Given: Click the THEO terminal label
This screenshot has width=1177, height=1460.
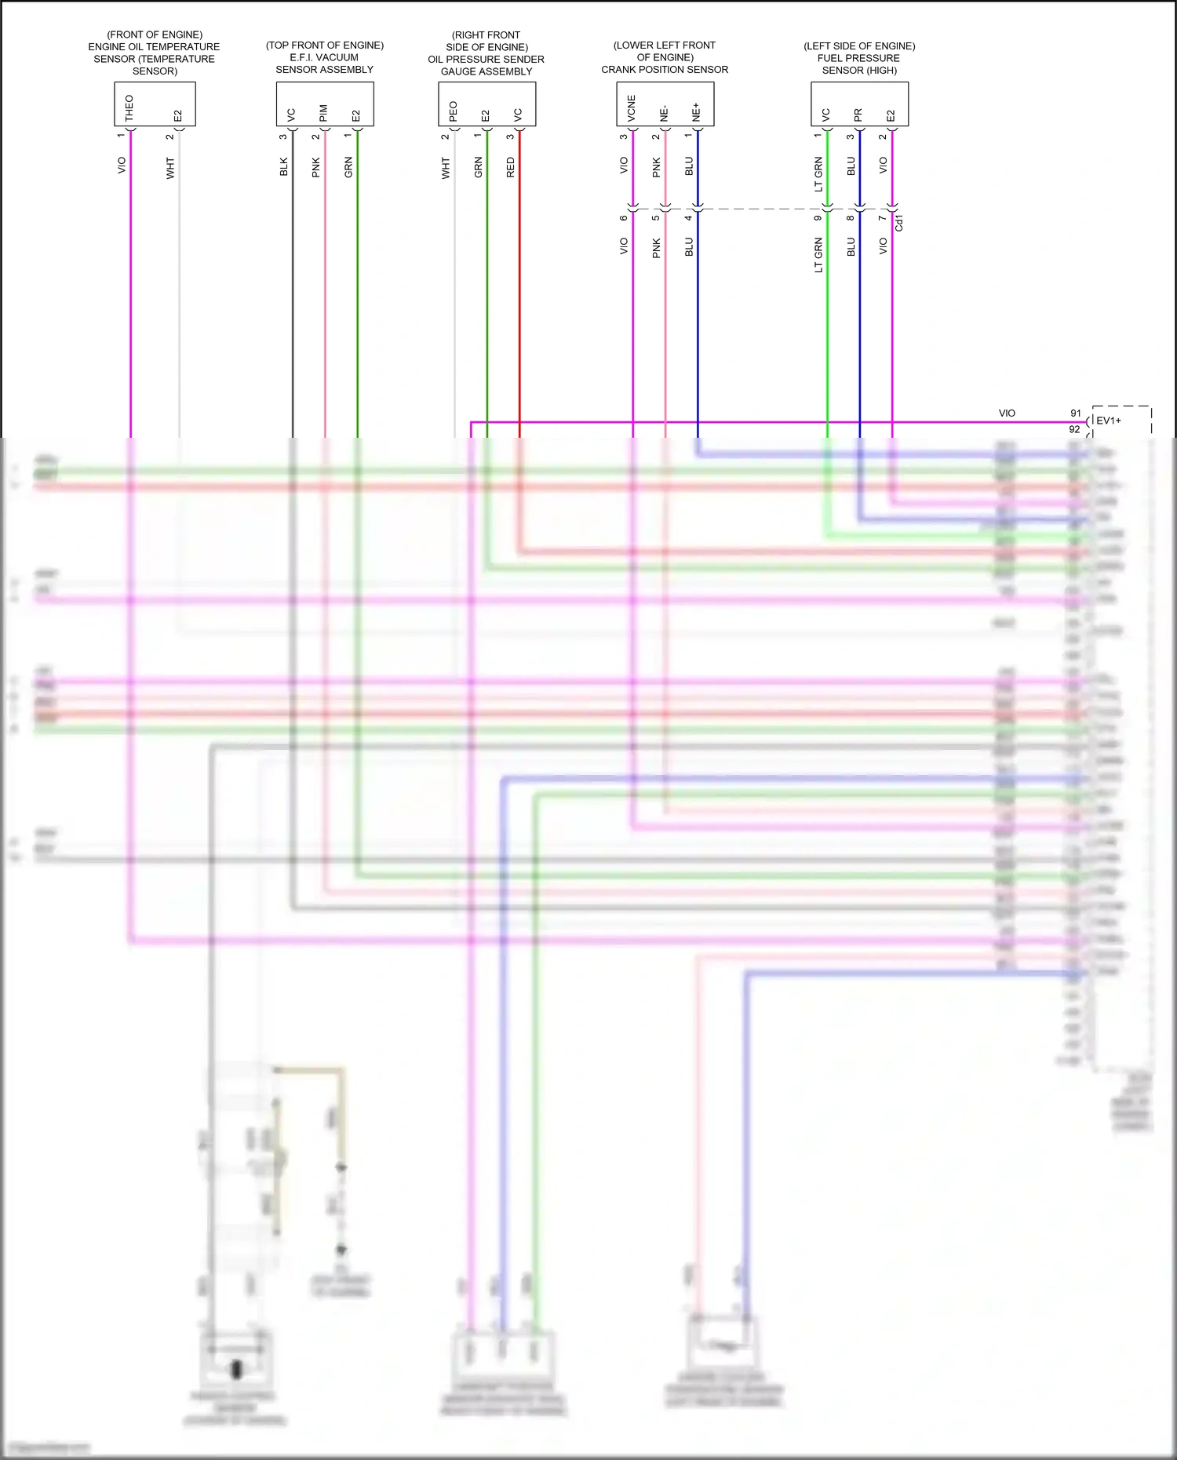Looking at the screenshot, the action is [x=129, y=108].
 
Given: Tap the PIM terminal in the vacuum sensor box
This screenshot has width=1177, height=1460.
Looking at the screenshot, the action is [x=323, y=113].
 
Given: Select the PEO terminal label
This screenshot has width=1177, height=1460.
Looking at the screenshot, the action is [x=453, y=111].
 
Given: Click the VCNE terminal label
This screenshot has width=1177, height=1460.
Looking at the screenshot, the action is [x=632, y=110].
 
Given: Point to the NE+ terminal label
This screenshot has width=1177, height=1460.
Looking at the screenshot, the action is [x=696, y=112].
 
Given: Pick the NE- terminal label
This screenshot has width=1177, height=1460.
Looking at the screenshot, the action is [x=664, y=114].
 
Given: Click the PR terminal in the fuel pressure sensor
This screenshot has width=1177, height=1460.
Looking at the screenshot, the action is [x=858, y=115].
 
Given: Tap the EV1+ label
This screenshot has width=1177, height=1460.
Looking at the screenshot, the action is [x=1109, y=421].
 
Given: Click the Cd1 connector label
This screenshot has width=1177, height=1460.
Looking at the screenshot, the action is [x=899, y=223].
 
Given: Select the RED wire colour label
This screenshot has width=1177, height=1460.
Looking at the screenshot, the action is [x=511, y=167].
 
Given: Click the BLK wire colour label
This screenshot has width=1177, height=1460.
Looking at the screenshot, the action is [x=284, y=167].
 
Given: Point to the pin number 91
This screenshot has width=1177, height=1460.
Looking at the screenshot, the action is [x=1076, y=413].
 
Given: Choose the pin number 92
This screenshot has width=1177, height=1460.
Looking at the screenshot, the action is [x=1074, y=430].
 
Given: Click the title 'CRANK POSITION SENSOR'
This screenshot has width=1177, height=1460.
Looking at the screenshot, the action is [x=665, y=70].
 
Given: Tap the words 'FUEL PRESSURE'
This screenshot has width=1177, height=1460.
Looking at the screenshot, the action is [x=858, y=58].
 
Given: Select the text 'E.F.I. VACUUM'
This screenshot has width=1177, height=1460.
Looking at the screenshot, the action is [x=324, y=57].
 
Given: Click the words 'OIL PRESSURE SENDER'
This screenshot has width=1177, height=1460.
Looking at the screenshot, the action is [x=486, y=60].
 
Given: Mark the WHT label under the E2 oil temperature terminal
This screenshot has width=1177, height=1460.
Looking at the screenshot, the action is [x=170, y=168].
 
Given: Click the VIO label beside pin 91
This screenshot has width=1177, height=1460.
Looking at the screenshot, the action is [x=1007, y=413].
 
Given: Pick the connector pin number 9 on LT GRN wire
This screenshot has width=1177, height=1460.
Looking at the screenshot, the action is [x=818, y=218].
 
